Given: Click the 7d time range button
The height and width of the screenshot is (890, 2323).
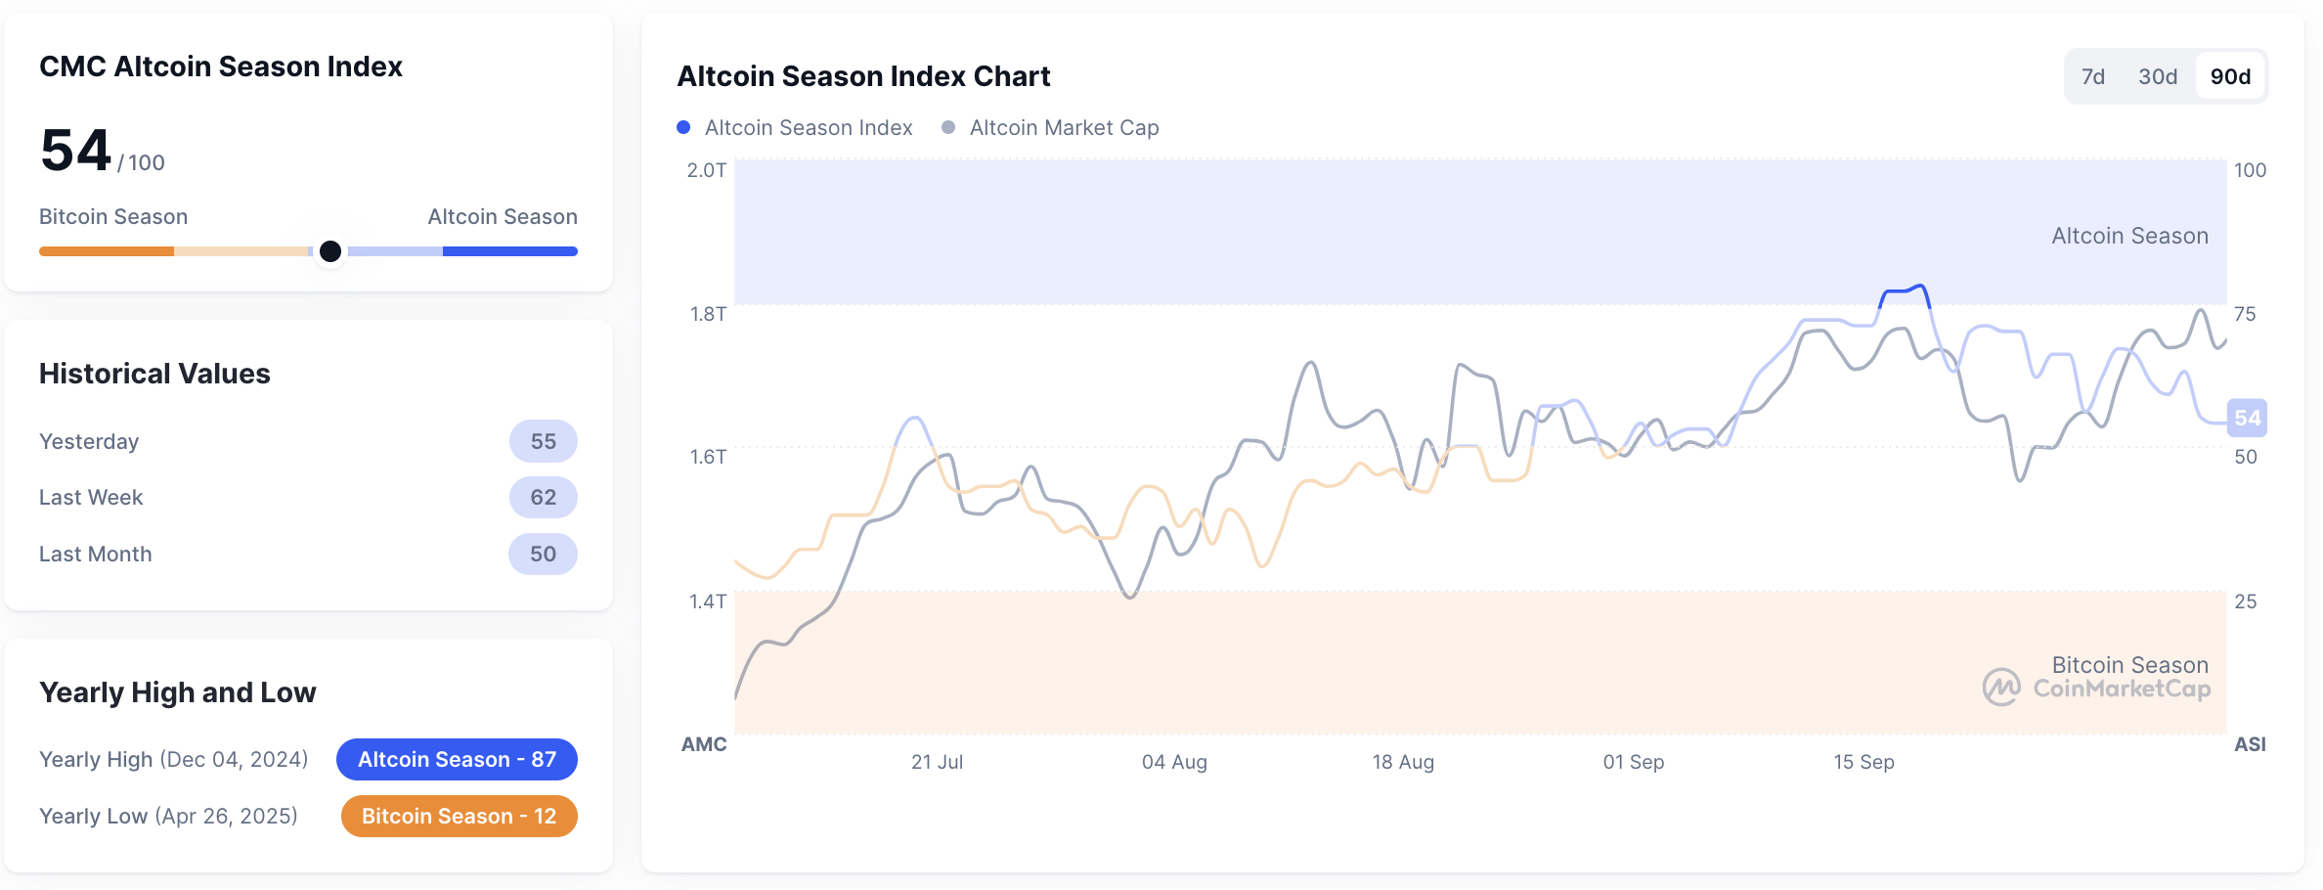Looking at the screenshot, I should [2092, 76].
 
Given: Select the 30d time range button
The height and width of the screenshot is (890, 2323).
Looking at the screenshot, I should [2158, 76].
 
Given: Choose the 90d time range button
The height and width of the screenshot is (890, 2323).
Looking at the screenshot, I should [2231, 76].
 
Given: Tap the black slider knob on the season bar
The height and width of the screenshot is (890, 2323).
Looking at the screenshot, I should [330, 251].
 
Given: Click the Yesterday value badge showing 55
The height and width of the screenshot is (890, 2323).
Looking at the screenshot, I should [543, 441].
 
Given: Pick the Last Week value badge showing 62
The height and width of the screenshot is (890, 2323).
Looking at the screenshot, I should [543, 497].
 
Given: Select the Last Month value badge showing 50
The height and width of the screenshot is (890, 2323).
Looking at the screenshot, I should [543, 554].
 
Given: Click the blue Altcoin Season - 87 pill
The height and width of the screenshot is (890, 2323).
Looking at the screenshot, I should [457, 759].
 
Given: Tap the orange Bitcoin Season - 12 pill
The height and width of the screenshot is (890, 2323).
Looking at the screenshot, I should [459, 816].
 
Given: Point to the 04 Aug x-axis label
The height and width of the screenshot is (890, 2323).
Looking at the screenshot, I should [1174, 762].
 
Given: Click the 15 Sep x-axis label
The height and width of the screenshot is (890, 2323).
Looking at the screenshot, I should [1863, 762].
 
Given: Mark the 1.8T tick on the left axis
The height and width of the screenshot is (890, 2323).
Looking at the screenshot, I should [708, 314].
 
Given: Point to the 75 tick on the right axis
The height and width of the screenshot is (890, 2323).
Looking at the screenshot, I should [2245, 314].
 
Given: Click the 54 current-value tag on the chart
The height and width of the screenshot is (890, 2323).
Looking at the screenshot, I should [2247, 419].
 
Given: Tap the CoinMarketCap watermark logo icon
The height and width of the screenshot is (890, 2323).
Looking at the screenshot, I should [2001, 687].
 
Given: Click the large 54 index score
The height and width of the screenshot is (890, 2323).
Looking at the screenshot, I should [75, 151].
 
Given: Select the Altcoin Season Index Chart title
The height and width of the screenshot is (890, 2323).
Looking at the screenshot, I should [863, 76].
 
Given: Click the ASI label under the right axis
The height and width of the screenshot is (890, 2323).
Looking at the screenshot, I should [2250, 744].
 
